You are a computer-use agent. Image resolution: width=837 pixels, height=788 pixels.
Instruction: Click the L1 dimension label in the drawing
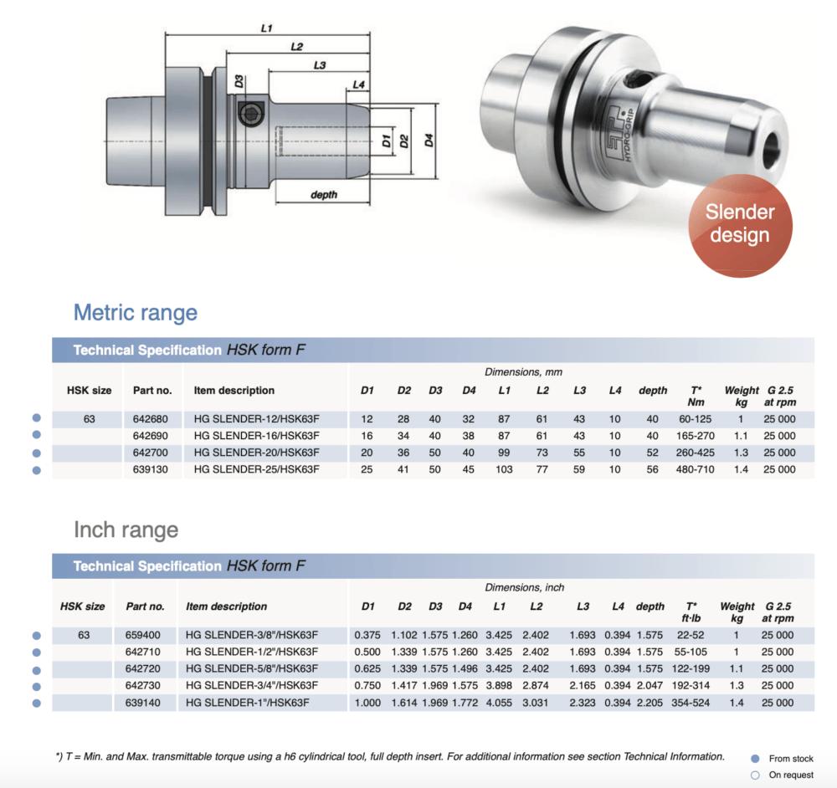click(266, 28)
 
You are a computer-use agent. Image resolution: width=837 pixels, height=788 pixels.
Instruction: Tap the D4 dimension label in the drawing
click(429, 141)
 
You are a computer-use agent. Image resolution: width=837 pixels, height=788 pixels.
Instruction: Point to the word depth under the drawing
click(323, 195)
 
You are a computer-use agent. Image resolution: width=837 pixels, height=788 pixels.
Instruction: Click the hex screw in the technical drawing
click(250, 114)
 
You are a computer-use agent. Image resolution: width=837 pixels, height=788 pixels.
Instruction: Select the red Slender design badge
click(740, 225)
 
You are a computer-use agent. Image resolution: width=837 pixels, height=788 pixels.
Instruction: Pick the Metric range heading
click(136, 313)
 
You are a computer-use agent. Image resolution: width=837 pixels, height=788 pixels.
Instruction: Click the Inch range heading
click(126, 530)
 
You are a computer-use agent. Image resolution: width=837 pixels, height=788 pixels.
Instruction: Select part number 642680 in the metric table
click(150, 419)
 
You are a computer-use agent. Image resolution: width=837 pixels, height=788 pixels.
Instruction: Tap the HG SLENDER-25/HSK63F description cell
click(256, 469)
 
